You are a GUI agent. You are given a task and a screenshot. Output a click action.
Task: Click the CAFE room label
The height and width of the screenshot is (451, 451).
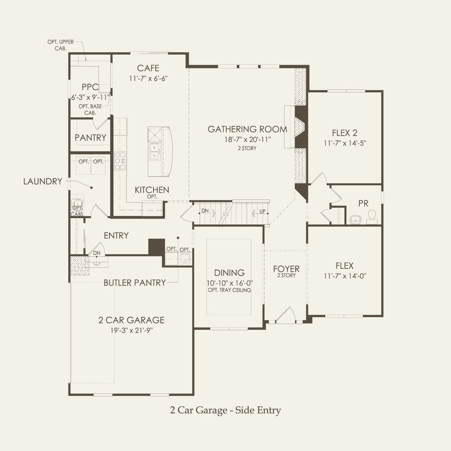coord(148,68)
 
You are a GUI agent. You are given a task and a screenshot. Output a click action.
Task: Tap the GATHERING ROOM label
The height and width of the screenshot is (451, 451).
coord(247,129)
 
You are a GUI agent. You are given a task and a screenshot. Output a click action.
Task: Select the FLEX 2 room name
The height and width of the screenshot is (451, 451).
coord(344,133)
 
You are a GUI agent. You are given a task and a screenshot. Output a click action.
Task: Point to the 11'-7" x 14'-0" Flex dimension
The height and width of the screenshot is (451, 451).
coord(344,276)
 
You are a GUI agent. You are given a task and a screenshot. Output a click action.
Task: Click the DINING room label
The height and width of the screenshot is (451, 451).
coord(229,273)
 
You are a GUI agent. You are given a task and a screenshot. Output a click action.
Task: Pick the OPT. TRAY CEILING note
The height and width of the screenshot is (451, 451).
coord(229,290)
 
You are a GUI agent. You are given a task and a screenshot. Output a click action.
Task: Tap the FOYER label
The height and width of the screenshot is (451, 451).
coord(286,269)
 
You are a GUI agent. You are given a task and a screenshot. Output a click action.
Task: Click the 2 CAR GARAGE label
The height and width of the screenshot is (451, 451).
coord(131,320)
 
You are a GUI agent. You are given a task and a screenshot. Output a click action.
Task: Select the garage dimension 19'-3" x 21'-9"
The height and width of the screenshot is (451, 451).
coord(131,331)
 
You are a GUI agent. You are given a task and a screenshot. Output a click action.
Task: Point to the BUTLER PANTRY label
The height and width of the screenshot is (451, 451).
coord(135,283)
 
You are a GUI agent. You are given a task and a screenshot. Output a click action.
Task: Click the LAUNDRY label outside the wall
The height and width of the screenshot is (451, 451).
coord(43,181)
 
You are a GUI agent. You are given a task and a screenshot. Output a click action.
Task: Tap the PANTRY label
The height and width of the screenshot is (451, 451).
coord(90,137)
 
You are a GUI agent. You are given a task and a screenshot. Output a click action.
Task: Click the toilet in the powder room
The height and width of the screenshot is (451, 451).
coord(372,216)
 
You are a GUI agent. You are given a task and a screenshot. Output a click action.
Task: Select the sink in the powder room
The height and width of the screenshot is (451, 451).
coord(355,219)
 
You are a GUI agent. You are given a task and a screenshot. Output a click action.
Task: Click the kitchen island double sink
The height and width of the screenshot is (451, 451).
coord(155,152)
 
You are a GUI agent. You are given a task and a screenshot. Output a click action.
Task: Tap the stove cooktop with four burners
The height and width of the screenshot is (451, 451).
coord(120,160)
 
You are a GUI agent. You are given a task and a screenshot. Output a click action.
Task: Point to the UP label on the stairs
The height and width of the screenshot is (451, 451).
coord(262,211)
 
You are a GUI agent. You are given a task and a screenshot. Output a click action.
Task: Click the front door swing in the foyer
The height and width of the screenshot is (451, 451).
coord(286,315)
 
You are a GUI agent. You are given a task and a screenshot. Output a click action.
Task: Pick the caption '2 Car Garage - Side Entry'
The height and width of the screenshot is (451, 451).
coord(225,410)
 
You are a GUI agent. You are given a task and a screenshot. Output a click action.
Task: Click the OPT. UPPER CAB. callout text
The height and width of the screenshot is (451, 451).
coord(60,45)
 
